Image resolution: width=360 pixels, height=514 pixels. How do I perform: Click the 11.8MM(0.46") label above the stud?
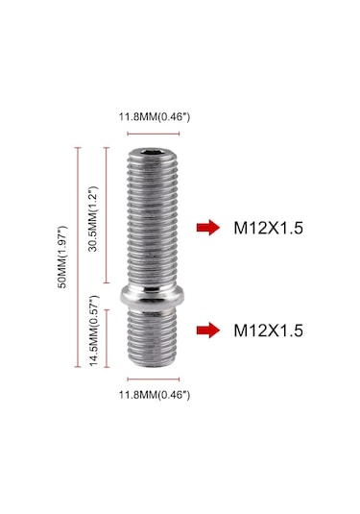pos(154,117)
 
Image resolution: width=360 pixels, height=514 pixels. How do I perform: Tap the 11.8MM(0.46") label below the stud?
pos(154,395)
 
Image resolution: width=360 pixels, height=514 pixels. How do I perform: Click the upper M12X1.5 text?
pos(268,229)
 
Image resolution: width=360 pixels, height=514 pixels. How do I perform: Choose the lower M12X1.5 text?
pos(268,330)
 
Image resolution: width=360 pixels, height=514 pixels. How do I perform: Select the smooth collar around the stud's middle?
pos(155,294)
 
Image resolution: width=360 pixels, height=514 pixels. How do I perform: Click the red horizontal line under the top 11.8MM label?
pos(154,133)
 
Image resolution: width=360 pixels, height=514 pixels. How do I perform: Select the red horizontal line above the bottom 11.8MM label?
pos(154,381)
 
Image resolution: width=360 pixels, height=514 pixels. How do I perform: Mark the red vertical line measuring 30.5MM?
pos(106,215)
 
